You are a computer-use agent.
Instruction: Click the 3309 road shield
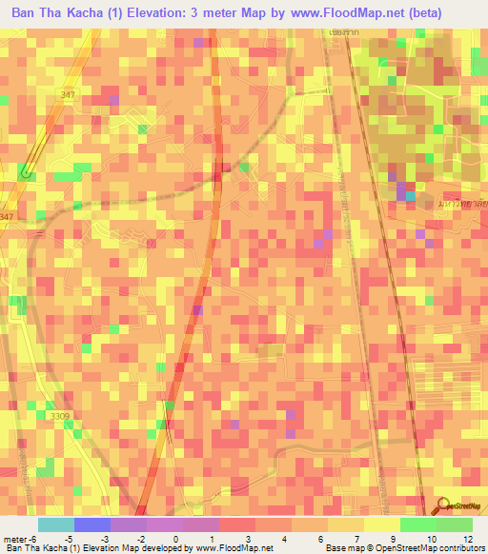click(x=60, y=416)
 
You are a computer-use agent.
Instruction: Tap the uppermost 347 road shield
click(x=67, y=94)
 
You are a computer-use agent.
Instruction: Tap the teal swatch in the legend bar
click(x=56, y=524)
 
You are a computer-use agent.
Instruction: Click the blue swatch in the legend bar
click(x=92, y=524)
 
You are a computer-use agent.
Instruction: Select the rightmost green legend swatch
click(x=455, y=524)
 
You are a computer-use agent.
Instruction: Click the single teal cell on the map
click(x=410, y=196)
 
